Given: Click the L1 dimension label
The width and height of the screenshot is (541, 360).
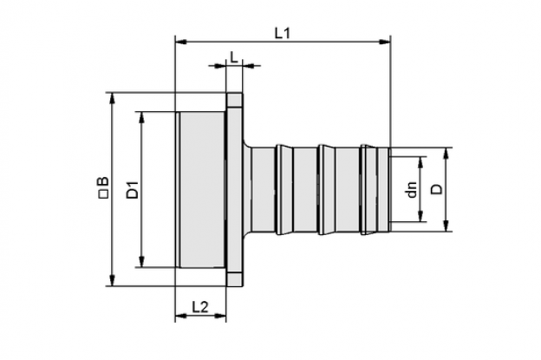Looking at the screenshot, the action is pyautogui.click(x=283, y=33).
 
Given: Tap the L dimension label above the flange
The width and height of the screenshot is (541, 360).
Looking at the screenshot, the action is pyautogui.click(x=234, y=57).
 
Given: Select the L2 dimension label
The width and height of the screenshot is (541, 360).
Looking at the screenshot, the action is pyautogui.click(x=200, y=306).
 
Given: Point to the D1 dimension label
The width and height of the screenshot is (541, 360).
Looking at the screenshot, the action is pyautogui.click(x=133, y=189).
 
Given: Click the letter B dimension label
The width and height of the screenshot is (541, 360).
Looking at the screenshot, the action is pyautogui.click(x=104, y=182).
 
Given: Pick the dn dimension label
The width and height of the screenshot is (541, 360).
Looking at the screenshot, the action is pyautogui.click(x=412, y=189).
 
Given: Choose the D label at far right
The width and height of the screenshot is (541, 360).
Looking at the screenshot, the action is pyautogui.click(x=437, y=189).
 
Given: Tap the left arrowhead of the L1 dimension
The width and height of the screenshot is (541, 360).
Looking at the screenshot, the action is pyautogui.click(x=181, y=42).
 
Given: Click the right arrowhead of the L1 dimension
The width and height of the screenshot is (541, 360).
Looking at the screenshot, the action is pyautogui.click(x=385, y=42).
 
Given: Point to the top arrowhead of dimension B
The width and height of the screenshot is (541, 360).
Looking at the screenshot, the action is pyautogui.click(x=112, y=98).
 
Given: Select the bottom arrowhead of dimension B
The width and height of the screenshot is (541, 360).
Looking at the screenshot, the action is pyautogui.click(x=112, y=280).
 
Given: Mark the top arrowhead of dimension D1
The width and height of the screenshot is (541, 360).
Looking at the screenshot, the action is pyautogui.click(x=141, y=118).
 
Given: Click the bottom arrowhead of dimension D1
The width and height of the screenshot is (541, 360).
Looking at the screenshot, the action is pyautogui.click(x=141, y=262).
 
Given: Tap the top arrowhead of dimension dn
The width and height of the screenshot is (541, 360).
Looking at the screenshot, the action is pyautogui.click(x=420, y=162).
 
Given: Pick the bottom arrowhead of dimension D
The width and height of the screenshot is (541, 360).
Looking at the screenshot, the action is pyautogui.click(x=446, y=226).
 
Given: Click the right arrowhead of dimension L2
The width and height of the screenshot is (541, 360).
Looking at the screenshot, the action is pyautogui.click(x=220, y=316).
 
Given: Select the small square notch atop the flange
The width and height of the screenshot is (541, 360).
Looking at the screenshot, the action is pyautogui.click(x=235, y=101).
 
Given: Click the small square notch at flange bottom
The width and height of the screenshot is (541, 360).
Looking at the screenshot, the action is pyautogui.click(x=235, y=278).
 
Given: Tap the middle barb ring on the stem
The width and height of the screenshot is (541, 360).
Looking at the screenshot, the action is pyautogui.click(x=326, y=189).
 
